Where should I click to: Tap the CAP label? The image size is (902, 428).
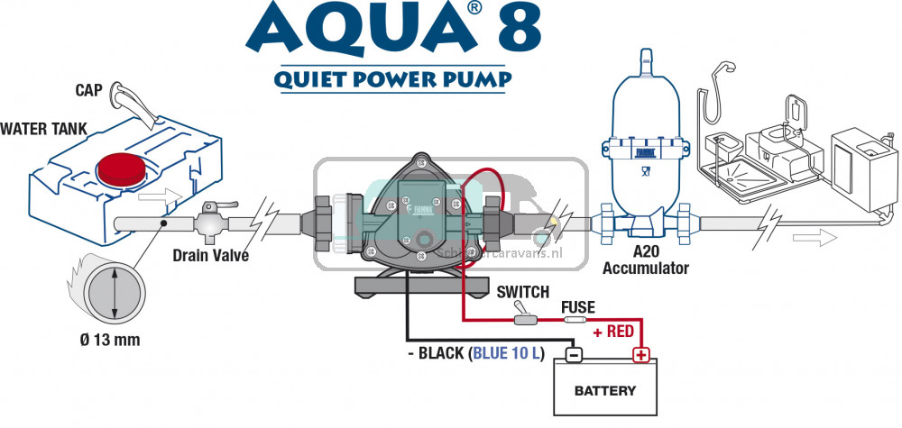tap(88, 90)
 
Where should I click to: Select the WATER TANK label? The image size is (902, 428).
tap(43, 129)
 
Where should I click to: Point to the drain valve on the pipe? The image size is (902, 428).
tap(210, 218)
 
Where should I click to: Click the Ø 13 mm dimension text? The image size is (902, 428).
tap(108, 340)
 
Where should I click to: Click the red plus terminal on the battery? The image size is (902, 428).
tap(640, 354)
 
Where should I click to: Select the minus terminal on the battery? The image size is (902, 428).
tap(571, 354)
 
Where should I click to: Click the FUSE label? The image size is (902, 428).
tap(577, 307)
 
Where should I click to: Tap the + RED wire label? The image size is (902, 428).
tap(612, 332)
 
